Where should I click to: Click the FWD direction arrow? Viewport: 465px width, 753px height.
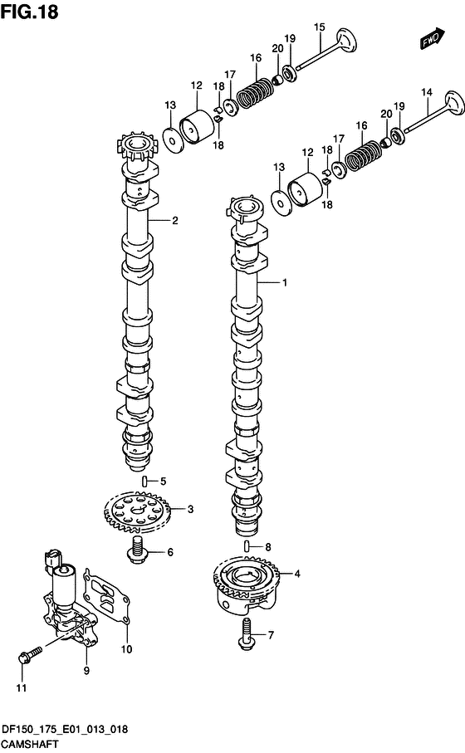click(433, 38)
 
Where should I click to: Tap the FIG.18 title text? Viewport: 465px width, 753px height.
click(29, 11)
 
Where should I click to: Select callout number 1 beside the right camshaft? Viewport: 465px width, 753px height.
click(284, 283)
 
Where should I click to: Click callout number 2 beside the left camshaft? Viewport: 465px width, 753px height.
click(175, 221)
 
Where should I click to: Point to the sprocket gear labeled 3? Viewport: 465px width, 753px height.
click(137, 511)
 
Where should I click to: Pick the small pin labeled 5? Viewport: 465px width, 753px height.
click(144, 481)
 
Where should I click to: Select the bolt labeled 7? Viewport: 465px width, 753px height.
click(247, 634)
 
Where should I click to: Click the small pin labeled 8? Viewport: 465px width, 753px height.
click(247, 546)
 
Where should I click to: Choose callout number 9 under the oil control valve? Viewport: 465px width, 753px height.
click(86, 671)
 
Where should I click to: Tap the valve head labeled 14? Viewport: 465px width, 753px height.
click(454, 103)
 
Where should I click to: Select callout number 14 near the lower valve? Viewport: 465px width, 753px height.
click(427, 92)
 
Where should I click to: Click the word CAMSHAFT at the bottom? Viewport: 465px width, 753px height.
click(30, 745)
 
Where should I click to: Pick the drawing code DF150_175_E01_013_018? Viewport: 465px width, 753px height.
click(66, 730)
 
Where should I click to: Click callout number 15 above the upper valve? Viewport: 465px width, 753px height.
click(320, 27)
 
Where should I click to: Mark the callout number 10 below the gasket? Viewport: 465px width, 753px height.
click(126, 649)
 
